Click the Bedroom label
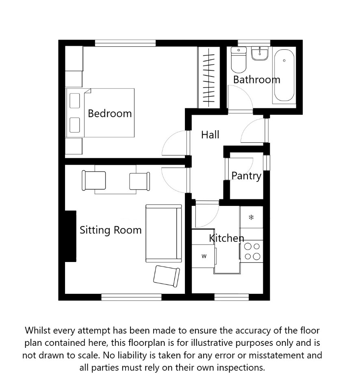click(110, 114)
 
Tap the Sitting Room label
click(111, 230)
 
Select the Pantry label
click(247, 176)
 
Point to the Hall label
click(210, 135)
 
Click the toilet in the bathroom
click(239, 60)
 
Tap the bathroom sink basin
click(260, 54)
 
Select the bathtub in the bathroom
click(284, 75)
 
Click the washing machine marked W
click(203, 256)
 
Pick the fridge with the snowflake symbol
click(251, 217)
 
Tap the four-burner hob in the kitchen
click(252, 251)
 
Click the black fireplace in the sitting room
click(70, 236)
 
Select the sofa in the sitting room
click(164, 234)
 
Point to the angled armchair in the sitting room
click(167, 276)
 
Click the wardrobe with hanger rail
click(209, 77)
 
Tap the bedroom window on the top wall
click(125, 43)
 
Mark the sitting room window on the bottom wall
click(131, 297)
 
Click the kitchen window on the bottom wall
click(232, 297)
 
